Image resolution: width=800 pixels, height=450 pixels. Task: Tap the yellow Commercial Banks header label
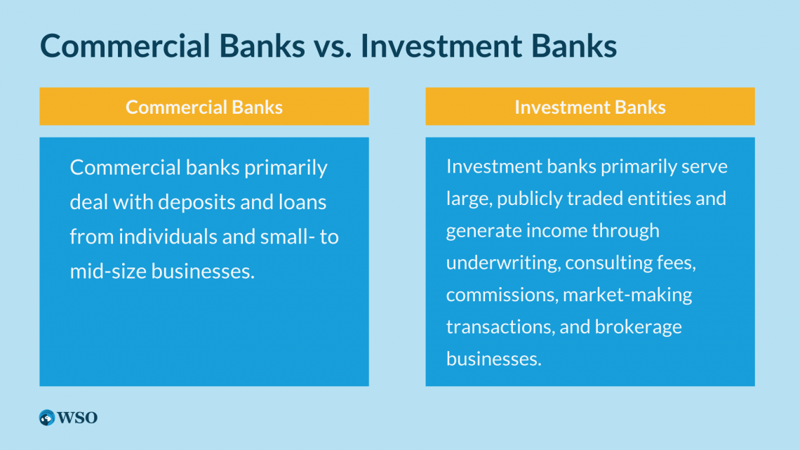coord(204,107)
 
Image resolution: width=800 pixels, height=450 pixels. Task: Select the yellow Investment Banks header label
coord(589,107)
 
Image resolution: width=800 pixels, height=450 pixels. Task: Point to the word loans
coord(302,202)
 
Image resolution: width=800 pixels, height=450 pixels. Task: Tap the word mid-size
coord(108,271)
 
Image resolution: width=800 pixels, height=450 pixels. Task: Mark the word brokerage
coord(639,327)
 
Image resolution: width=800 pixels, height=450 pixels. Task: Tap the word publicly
coord(530,199)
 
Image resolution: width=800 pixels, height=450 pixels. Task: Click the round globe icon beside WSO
coord(47,418)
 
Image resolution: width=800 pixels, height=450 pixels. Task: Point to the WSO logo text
coord(77,418)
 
